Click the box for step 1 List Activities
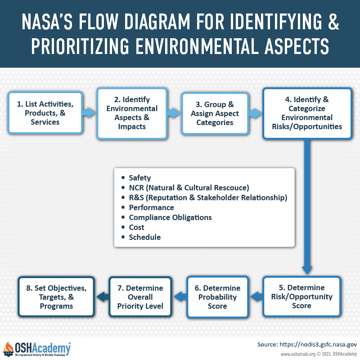click(x=45, y=113)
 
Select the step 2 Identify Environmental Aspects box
click(x=132, y=113)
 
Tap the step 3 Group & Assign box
click(x=215, y=113)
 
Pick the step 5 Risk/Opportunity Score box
click(x=301, y=297)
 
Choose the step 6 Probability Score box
click(x=217, y=297)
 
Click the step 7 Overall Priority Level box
click(x=140, y=297)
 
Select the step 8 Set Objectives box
click(x=56, y=297)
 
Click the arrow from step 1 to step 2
click(x=89, y=112)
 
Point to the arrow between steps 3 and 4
click(x=255, y=113)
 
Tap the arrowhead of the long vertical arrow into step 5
click(x=307, y=270)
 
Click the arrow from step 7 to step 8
click(x=103, y=297)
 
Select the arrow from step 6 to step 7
click(x=180, y=297)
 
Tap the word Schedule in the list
click(x=145, y=237)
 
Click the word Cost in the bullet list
click(x=137, y=227)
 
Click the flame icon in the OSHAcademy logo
click(x=9, y=348)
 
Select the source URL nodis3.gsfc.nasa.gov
click(x=318, y=344)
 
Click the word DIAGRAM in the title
click(x=157, y=22)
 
